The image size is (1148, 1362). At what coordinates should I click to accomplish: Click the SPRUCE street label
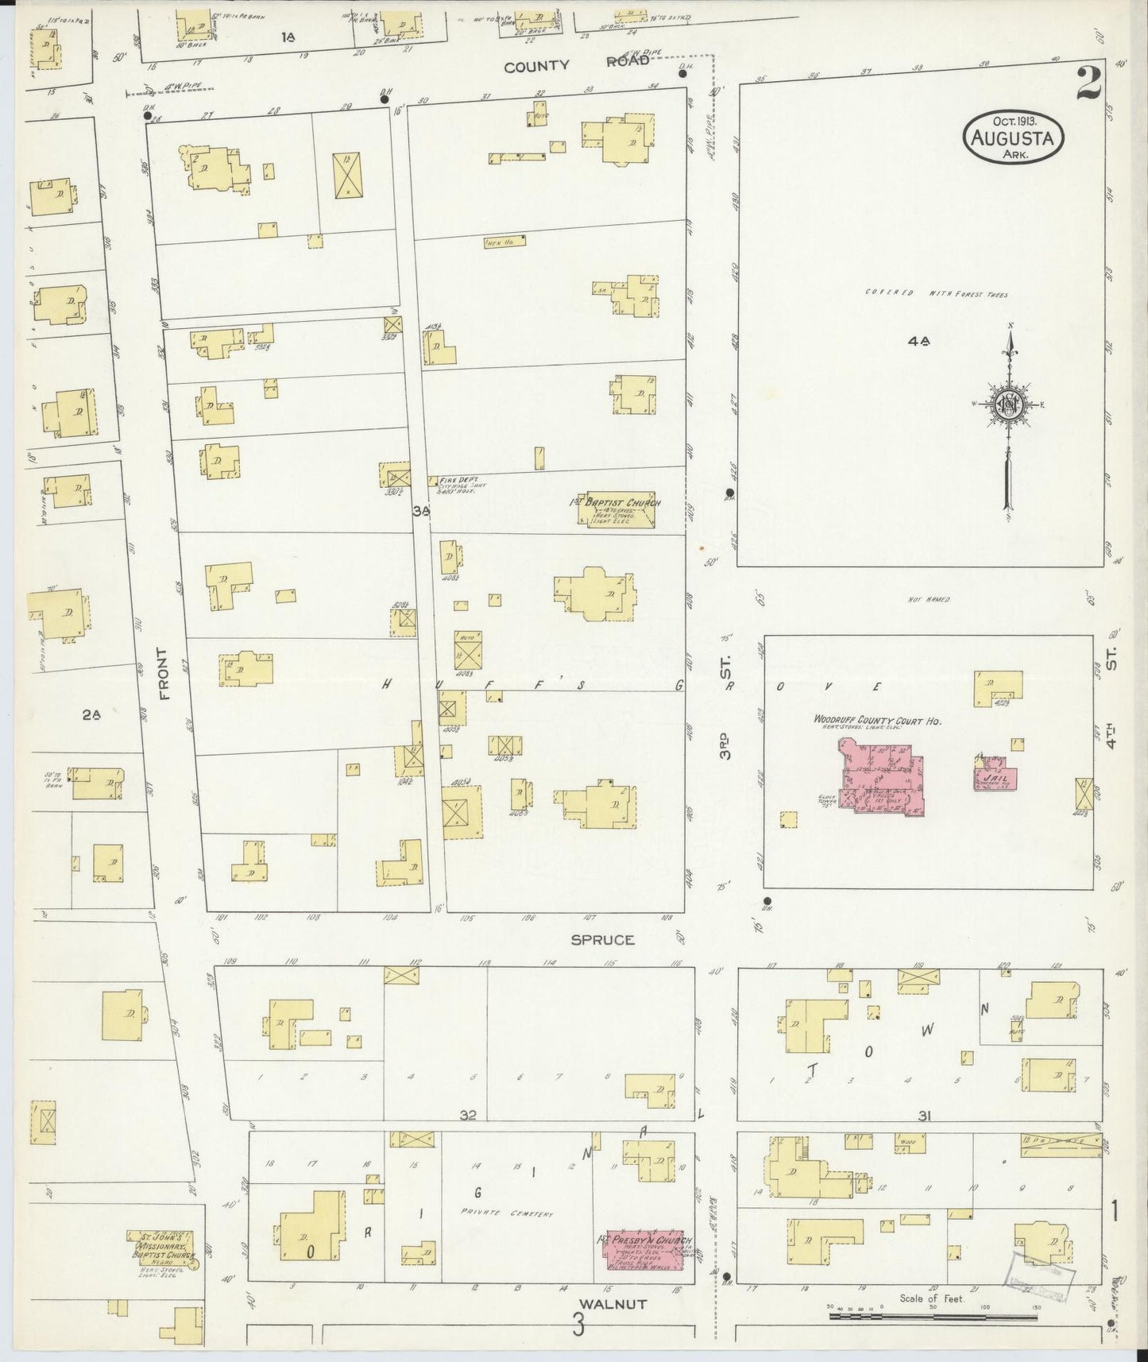pos(602,939)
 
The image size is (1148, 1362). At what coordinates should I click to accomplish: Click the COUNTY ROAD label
pos(576,66)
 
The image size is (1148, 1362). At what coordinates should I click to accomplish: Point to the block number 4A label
pos(918,341)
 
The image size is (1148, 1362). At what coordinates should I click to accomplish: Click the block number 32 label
pos(467,1115)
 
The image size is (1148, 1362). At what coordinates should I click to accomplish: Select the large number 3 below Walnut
pos(580,1325)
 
